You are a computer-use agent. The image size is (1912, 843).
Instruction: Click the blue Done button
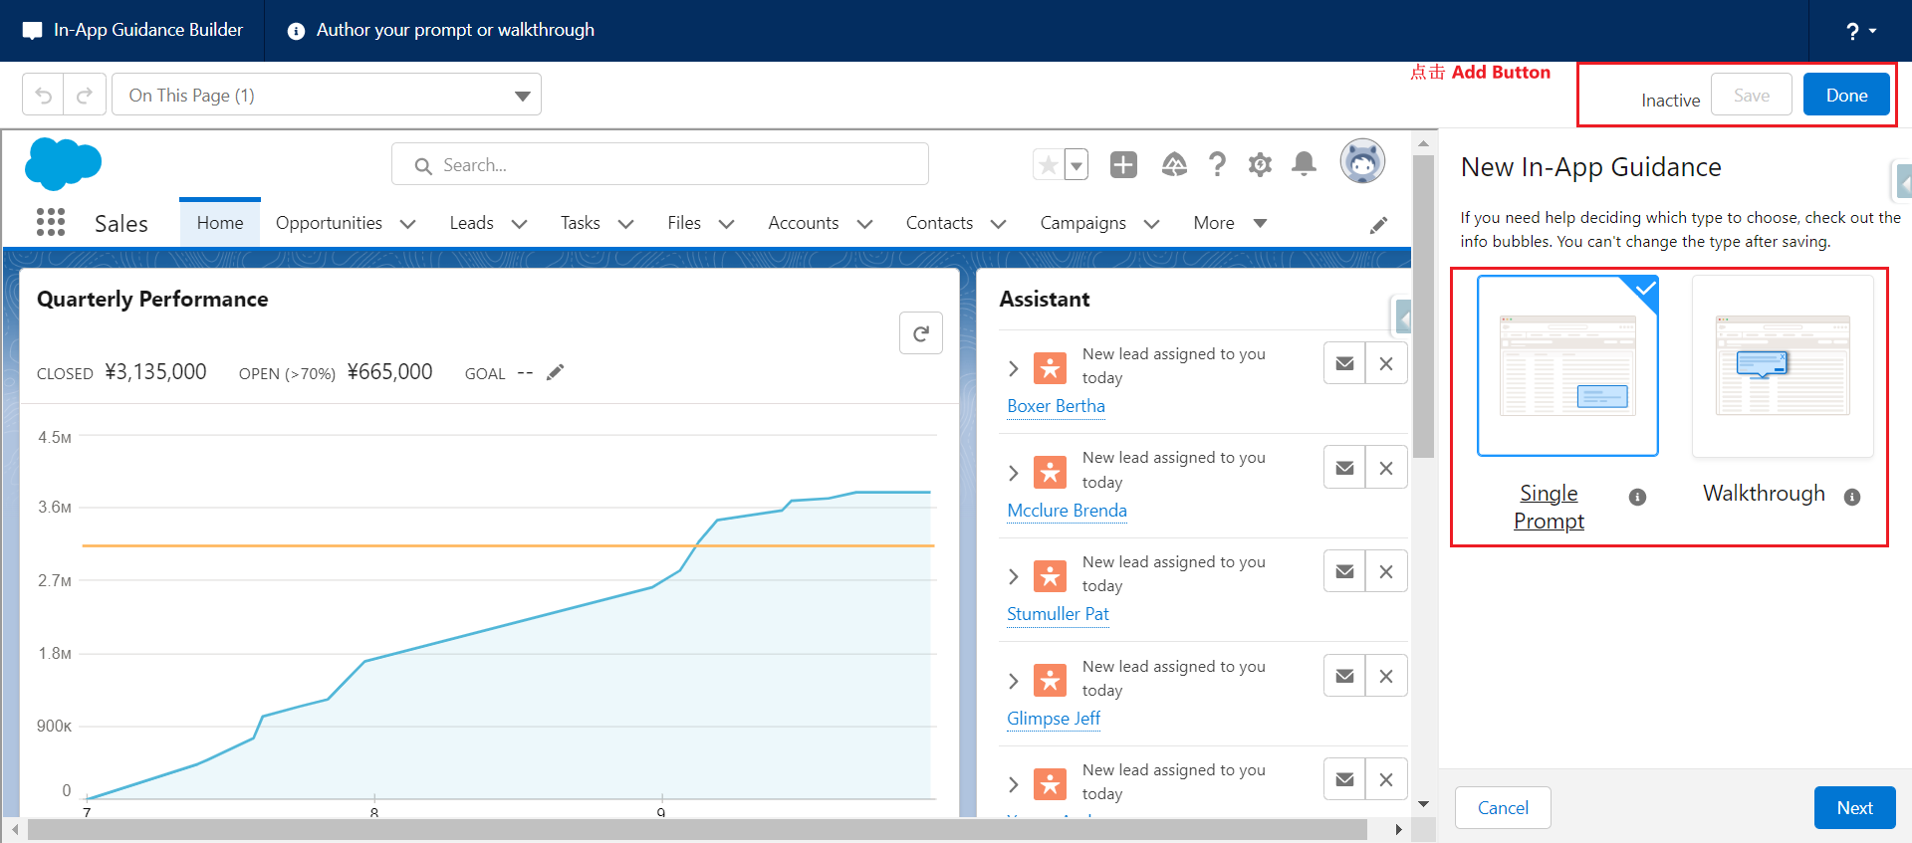pos(1846,95)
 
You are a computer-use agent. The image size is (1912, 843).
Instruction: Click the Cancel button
pos(1503,807)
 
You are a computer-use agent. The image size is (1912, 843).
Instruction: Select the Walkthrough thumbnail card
pos(1783,365)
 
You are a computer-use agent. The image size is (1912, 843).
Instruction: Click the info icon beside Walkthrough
pos(1852,497)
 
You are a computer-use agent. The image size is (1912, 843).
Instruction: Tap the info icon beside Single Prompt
pos(1637,497)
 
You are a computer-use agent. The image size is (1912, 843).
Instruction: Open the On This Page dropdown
pos(327,95)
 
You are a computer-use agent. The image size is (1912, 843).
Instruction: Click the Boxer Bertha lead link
pos(1056,406)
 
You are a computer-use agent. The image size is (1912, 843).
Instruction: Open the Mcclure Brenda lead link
pos(1067,511)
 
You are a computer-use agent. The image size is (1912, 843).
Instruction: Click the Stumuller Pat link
pos(1058,614)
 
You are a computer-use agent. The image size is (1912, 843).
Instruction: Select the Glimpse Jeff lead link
pos(1054,719)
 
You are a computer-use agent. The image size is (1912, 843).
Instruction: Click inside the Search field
pos(660,164)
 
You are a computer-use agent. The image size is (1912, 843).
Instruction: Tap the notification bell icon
pos(1304,163)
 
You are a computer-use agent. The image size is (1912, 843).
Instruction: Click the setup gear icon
pos(1260,164)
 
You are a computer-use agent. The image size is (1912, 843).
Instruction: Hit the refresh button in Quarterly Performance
pos(921,333)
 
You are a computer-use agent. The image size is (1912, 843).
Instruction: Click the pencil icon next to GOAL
pos(556,372)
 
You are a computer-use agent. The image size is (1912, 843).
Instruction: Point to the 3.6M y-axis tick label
pos(55,508)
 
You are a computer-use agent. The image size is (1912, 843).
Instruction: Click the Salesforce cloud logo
pos(63,163)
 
